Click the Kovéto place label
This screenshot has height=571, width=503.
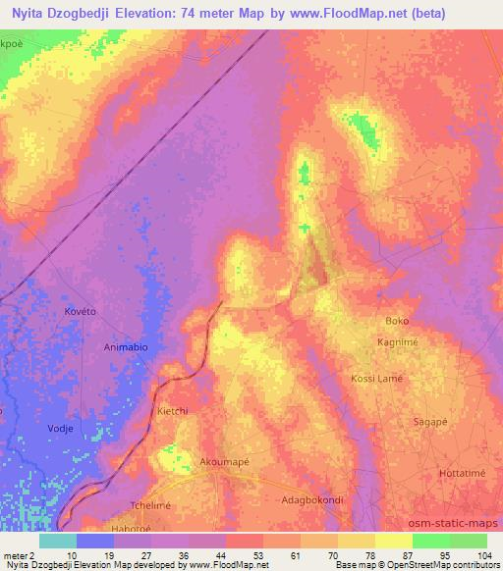tap(81, 311)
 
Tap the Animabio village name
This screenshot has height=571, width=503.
tap(127, 346)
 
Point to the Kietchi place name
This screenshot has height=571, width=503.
tap(175, 413)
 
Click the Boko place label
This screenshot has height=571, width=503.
tap(397, 321)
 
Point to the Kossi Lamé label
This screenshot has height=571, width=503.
tap(377, 379)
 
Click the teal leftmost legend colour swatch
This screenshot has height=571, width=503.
tap(59, 541)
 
